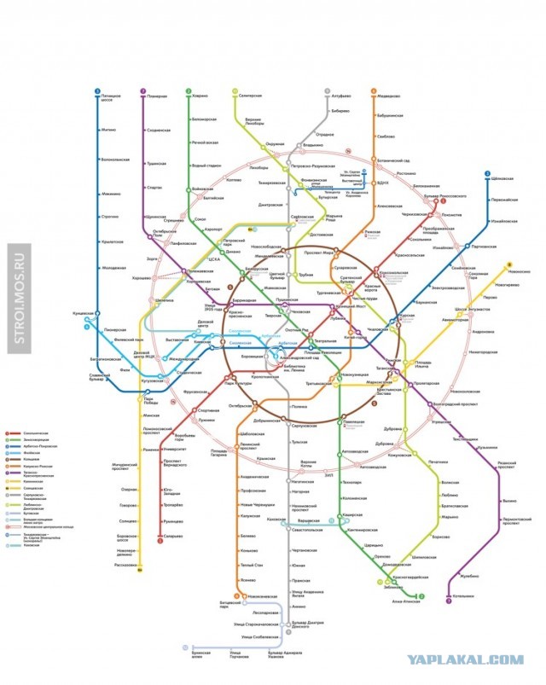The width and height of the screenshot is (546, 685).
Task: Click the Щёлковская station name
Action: pyautogui.click(x=505, y=178)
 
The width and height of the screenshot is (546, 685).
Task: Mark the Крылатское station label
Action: pyautogui.click(x=113, y=241)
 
